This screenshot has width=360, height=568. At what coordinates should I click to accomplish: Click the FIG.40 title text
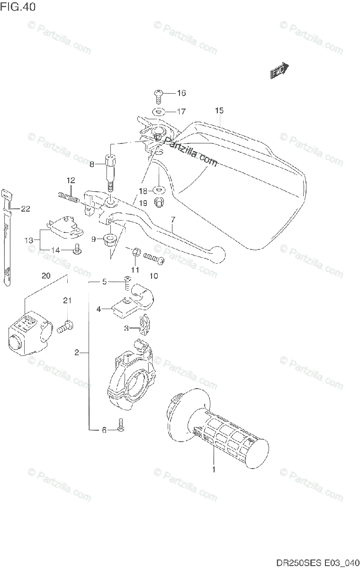(x=18, y=7)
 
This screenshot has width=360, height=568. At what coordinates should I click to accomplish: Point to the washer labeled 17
(x=159, y=112)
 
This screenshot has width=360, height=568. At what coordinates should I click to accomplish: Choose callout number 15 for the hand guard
(x=218, y=111)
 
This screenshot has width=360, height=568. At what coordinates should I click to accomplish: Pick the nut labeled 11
(x=135, y=252)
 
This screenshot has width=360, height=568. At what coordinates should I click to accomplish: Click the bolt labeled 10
(x=152, y=257)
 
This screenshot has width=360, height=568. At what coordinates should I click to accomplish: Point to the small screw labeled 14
(x=76, y=249)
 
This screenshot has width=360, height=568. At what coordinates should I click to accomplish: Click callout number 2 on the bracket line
(x=77, y=352)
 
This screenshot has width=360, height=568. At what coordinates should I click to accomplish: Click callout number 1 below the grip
(x=214, y=470)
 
